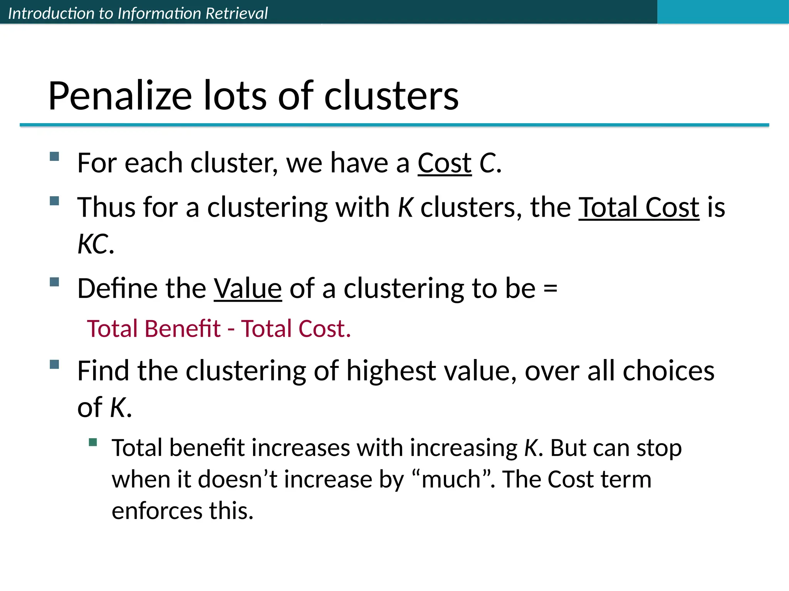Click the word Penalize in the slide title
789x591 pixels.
point(120,96)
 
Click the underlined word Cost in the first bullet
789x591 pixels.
point(445,163)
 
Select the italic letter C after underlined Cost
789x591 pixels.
point(487,163)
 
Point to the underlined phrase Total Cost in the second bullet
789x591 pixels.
point(639,208)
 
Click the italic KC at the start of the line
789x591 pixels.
point(93,244)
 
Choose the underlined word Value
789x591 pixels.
point(248,289)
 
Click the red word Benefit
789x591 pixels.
point(183,329)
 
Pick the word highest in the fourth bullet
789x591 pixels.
point(391,371)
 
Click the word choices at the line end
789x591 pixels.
point(668,371)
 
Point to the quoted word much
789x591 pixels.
point(451,480)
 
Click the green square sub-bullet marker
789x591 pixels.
point(92,442)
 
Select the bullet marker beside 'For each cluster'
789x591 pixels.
point(54,156)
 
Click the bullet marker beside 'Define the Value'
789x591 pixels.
point(54,282)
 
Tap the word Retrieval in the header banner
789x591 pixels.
point(237,13)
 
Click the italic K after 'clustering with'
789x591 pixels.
point(405,208)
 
